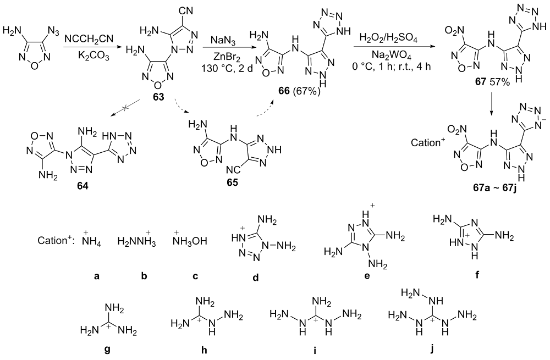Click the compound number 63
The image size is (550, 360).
(x=158, y=97)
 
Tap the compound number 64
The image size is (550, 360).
(x=82, y=186)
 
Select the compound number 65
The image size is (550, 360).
(x=232, y=182)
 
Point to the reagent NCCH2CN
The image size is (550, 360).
(x=89, y=38)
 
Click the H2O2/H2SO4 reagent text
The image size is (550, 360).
(x=391, y=39)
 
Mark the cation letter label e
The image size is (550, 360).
(x=367, y=276)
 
